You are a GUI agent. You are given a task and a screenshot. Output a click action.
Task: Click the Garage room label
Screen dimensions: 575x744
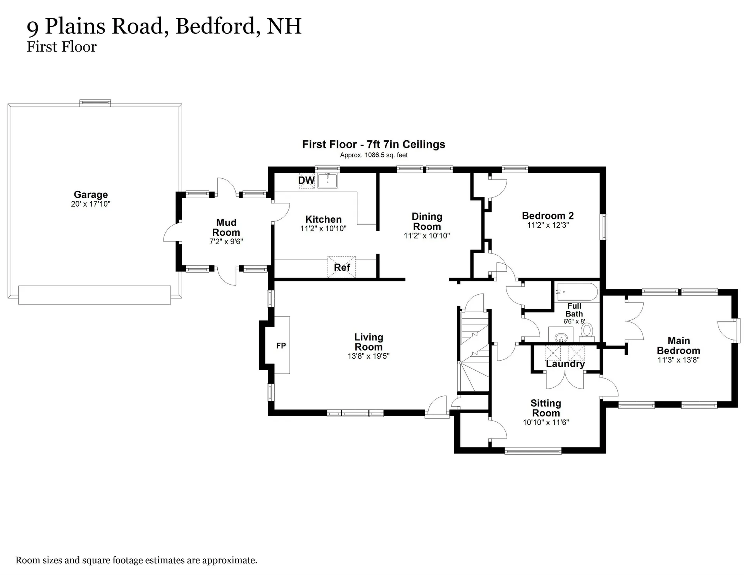click(x=91, y=195)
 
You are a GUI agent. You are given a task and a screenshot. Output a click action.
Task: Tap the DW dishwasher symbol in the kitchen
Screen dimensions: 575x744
click(x=306, y=181)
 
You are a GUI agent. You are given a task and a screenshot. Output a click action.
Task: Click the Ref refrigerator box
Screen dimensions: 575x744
click(x=341, y=267)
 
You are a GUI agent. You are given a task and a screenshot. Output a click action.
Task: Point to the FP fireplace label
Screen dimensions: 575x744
click(x=281, y=346)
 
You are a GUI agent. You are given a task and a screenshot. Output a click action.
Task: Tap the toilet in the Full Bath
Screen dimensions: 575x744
click(x=587, y=331)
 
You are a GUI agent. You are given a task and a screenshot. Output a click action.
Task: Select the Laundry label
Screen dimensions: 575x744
click(x=565, y=364)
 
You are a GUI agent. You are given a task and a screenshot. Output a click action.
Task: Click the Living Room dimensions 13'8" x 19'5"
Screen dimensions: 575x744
click(x=368, y=356)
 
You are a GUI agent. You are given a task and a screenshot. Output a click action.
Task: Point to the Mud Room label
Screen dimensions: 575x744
click(x=226, y=228)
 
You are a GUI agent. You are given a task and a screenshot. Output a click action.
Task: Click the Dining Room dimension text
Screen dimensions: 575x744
click(x=427, y=235)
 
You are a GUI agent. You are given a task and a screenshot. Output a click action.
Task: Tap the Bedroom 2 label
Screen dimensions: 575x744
click(x=548, y=216)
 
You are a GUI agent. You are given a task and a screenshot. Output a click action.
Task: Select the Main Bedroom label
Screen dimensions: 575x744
click(x=678, y=345)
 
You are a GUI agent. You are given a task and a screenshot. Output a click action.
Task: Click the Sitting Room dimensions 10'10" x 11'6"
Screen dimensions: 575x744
click(x=546, y=422)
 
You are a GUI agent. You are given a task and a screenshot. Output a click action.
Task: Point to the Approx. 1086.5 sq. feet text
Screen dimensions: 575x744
click(x=374, y=155)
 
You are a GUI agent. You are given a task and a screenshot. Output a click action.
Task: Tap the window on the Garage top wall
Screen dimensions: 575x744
click(x=95, y=103)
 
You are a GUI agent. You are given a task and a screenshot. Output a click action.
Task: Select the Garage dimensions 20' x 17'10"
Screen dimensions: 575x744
click(x=91, y=204)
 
